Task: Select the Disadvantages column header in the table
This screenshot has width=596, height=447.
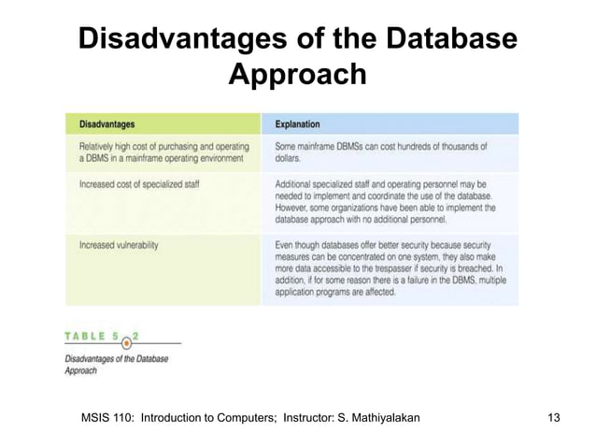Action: [x=106, y=123]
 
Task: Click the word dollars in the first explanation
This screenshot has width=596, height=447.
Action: [x=291, y=160]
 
